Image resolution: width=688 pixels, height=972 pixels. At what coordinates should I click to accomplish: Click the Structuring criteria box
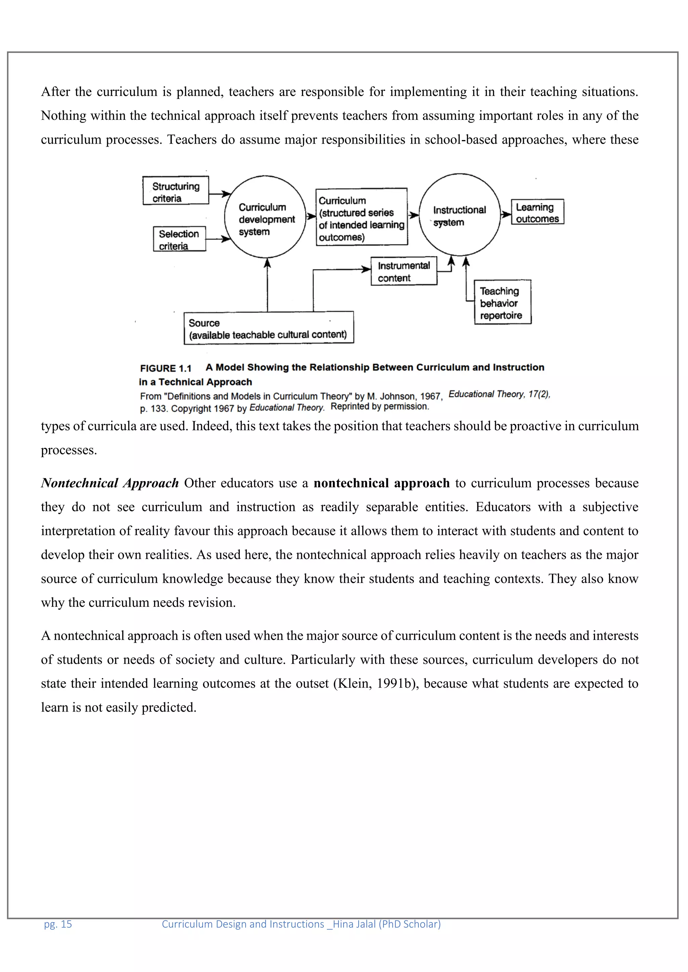[175, 191]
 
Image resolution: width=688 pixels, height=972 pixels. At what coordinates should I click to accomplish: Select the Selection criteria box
[179, 239]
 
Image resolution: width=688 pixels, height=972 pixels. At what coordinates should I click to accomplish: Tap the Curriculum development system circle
[265, 217]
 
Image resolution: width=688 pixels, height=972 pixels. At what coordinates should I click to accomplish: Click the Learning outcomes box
[537, 212]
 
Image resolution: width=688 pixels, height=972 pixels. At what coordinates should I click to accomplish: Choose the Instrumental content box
[403, 272]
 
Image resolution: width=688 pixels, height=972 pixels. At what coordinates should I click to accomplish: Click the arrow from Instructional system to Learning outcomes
[506, 214]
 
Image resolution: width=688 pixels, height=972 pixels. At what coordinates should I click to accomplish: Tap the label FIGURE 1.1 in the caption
[166, 368]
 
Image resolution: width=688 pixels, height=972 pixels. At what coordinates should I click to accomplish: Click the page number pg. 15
[58, 924]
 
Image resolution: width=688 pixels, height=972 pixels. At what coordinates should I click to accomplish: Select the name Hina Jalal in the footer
[354, 924]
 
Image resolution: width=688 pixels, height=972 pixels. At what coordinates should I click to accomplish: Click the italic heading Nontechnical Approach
[110, 483]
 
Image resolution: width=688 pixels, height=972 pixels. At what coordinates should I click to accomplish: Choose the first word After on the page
[55, 92]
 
